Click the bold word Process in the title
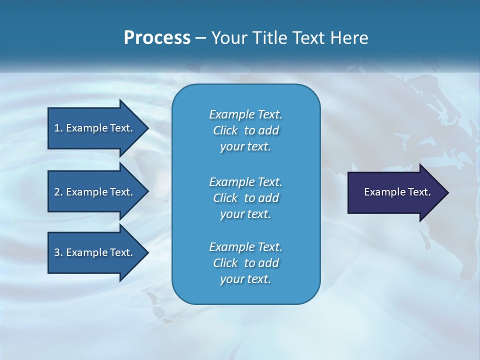pos(157,38)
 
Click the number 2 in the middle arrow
pos(57,192)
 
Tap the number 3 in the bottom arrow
pos(57,252)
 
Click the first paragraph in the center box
pos(245,130)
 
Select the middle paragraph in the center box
pos(245,198)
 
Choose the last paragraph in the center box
pos(245,263)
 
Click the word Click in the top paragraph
pos(225,130)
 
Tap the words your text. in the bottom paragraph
pos(245,279)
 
